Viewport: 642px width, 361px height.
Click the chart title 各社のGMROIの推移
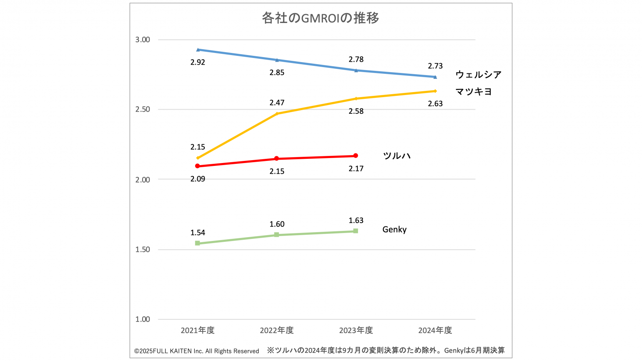pos(320,18)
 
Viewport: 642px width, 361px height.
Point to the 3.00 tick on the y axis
pos(143,40)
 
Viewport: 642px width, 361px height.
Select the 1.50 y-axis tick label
pos(143,249)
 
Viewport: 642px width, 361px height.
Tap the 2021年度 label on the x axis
pos(198,330)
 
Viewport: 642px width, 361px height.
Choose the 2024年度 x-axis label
pos(435,330)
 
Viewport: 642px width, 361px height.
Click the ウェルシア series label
pos(478,75)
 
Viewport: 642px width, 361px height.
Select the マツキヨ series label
pos(474,91)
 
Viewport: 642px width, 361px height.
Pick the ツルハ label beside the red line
pos(396,156)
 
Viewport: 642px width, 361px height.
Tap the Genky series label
pos(394,229)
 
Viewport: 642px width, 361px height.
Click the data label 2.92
pos(198,63)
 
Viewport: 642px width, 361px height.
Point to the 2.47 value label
pos(277,103)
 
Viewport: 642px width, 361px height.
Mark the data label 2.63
pos(435,104)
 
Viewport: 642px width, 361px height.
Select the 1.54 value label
pos(198,233)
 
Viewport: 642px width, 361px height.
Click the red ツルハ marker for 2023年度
pos(356,156)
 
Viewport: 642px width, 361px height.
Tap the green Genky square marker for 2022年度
pos(276,235)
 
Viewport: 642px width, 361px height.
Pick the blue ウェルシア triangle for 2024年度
pos(435,77)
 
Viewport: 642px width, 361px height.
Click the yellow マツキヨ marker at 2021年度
pos(198,158)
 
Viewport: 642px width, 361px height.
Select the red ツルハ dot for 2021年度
pos(198,166)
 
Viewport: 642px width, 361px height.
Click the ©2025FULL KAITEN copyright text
pos(196,351)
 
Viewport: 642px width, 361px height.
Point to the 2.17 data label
pos(356,169)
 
